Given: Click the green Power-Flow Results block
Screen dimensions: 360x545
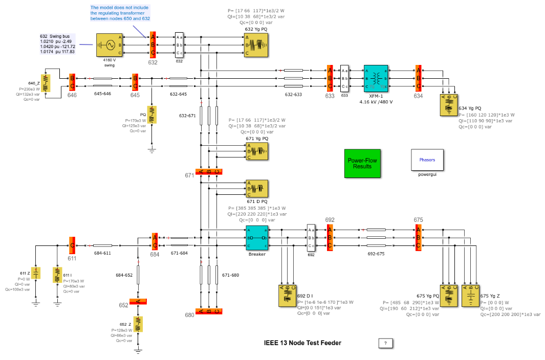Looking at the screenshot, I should [x=363, y=163].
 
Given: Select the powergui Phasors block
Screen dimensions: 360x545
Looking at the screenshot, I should [x=427, y=160].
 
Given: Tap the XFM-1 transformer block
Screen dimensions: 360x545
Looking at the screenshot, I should [x=376, y=78].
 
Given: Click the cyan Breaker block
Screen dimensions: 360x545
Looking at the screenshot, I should [x=257, y=238].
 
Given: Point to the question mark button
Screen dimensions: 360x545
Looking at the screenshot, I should [x=385, y=343].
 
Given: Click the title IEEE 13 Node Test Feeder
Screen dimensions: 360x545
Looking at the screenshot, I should [x=302, y=343].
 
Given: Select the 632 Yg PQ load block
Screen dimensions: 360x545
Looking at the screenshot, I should [x=256, y=45].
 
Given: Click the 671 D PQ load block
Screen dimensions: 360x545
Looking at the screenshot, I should [x=256, y=188].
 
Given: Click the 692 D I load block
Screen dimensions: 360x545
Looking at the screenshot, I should [x=287, y=296].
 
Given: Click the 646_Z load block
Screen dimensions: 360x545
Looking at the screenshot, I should [x=46, y=83].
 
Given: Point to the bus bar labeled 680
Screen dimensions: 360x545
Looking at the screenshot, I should [x=209, y=311].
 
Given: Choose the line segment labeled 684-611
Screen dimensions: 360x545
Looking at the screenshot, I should [x=102, y=245].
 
